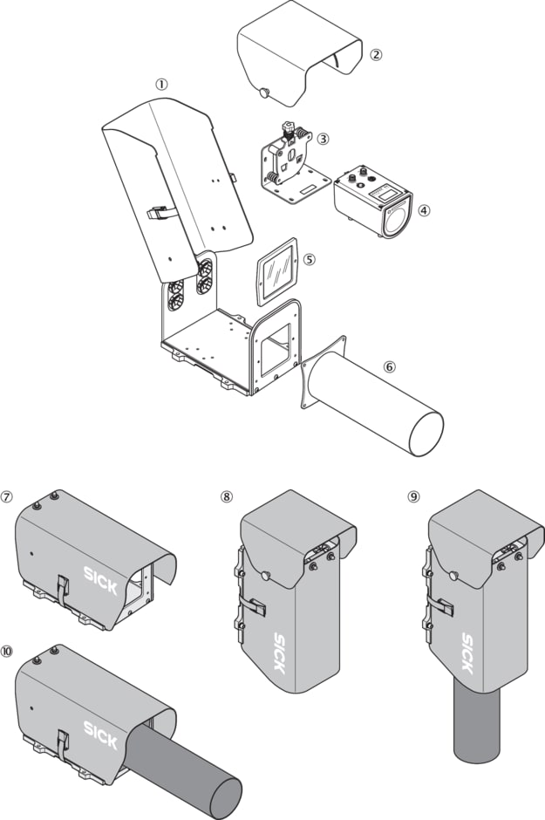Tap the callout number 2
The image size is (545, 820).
[375, 54]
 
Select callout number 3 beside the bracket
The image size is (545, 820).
[323, 139]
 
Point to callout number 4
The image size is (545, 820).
[424, 210]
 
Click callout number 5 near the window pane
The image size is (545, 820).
[310, 259]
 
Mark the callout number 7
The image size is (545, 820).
[7, 497]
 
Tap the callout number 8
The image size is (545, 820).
[227, 497]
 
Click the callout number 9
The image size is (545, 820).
[413, 497]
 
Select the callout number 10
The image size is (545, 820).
[7, 650]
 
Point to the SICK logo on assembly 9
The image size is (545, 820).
[467, 653]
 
